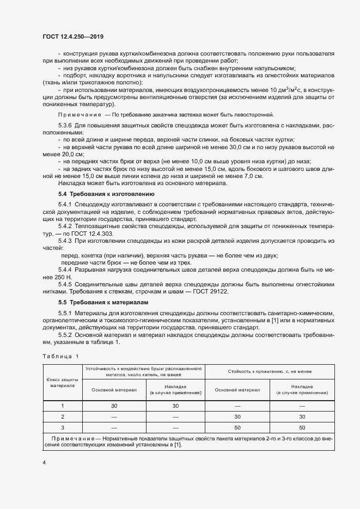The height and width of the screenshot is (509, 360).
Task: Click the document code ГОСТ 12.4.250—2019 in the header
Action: (72, 36)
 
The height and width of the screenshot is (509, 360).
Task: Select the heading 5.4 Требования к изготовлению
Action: (106, 194)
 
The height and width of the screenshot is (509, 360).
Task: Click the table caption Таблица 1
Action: (60, 356)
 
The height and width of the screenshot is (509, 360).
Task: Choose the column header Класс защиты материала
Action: (62, 382)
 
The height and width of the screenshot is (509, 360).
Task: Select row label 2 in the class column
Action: (62, 416)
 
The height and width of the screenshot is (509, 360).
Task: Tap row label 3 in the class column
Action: (62, 427)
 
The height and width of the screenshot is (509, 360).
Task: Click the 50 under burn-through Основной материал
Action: (237, 427)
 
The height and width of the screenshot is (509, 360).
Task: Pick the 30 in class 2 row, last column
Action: (302, 416)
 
